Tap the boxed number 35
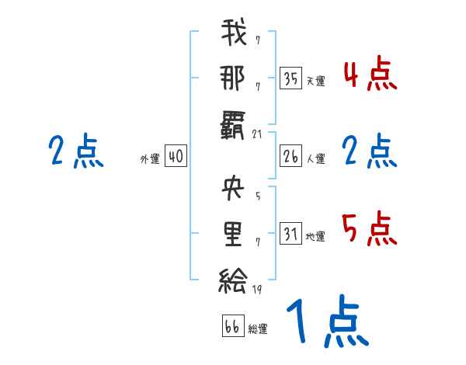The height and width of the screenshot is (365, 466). tap(290, 78)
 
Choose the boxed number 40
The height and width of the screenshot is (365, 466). tap(176, 157)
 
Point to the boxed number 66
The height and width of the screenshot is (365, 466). tap(232, 326)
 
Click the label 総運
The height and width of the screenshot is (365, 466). tap(258, 329)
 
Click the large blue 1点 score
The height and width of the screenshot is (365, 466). tap(325, 322)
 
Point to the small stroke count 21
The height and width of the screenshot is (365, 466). tap(259, 134)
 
